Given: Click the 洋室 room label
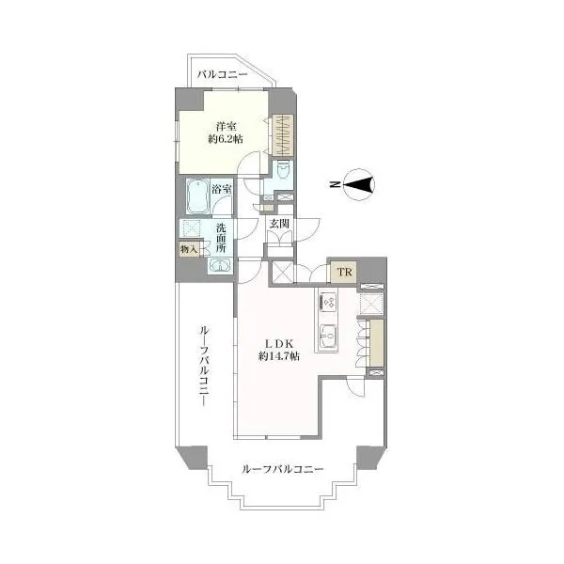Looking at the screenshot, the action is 226,127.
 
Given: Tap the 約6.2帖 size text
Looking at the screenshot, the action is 226,139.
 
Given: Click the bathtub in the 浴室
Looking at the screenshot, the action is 197,196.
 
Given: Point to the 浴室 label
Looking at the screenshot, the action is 221,189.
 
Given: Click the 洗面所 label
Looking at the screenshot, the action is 221,238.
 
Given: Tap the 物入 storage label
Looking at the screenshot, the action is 189,249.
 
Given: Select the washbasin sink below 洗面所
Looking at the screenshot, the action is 220,265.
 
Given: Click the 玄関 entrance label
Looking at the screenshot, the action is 279,224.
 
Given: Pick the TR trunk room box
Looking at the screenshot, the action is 344,272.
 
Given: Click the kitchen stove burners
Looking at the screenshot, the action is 328,301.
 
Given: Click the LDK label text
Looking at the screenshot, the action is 279,343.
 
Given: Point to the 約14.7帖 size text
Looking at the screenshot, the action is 279,356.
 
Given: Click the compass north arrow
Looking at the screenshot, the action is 359,185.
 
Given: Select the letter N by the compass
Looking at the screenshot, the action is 335,184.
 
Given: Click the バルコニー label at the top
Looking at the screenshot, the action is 223,75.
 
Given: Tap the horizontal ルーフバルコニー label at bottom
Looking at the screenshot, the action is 283,469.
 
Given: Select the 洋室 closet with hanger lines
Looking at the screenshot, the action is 283,135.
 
